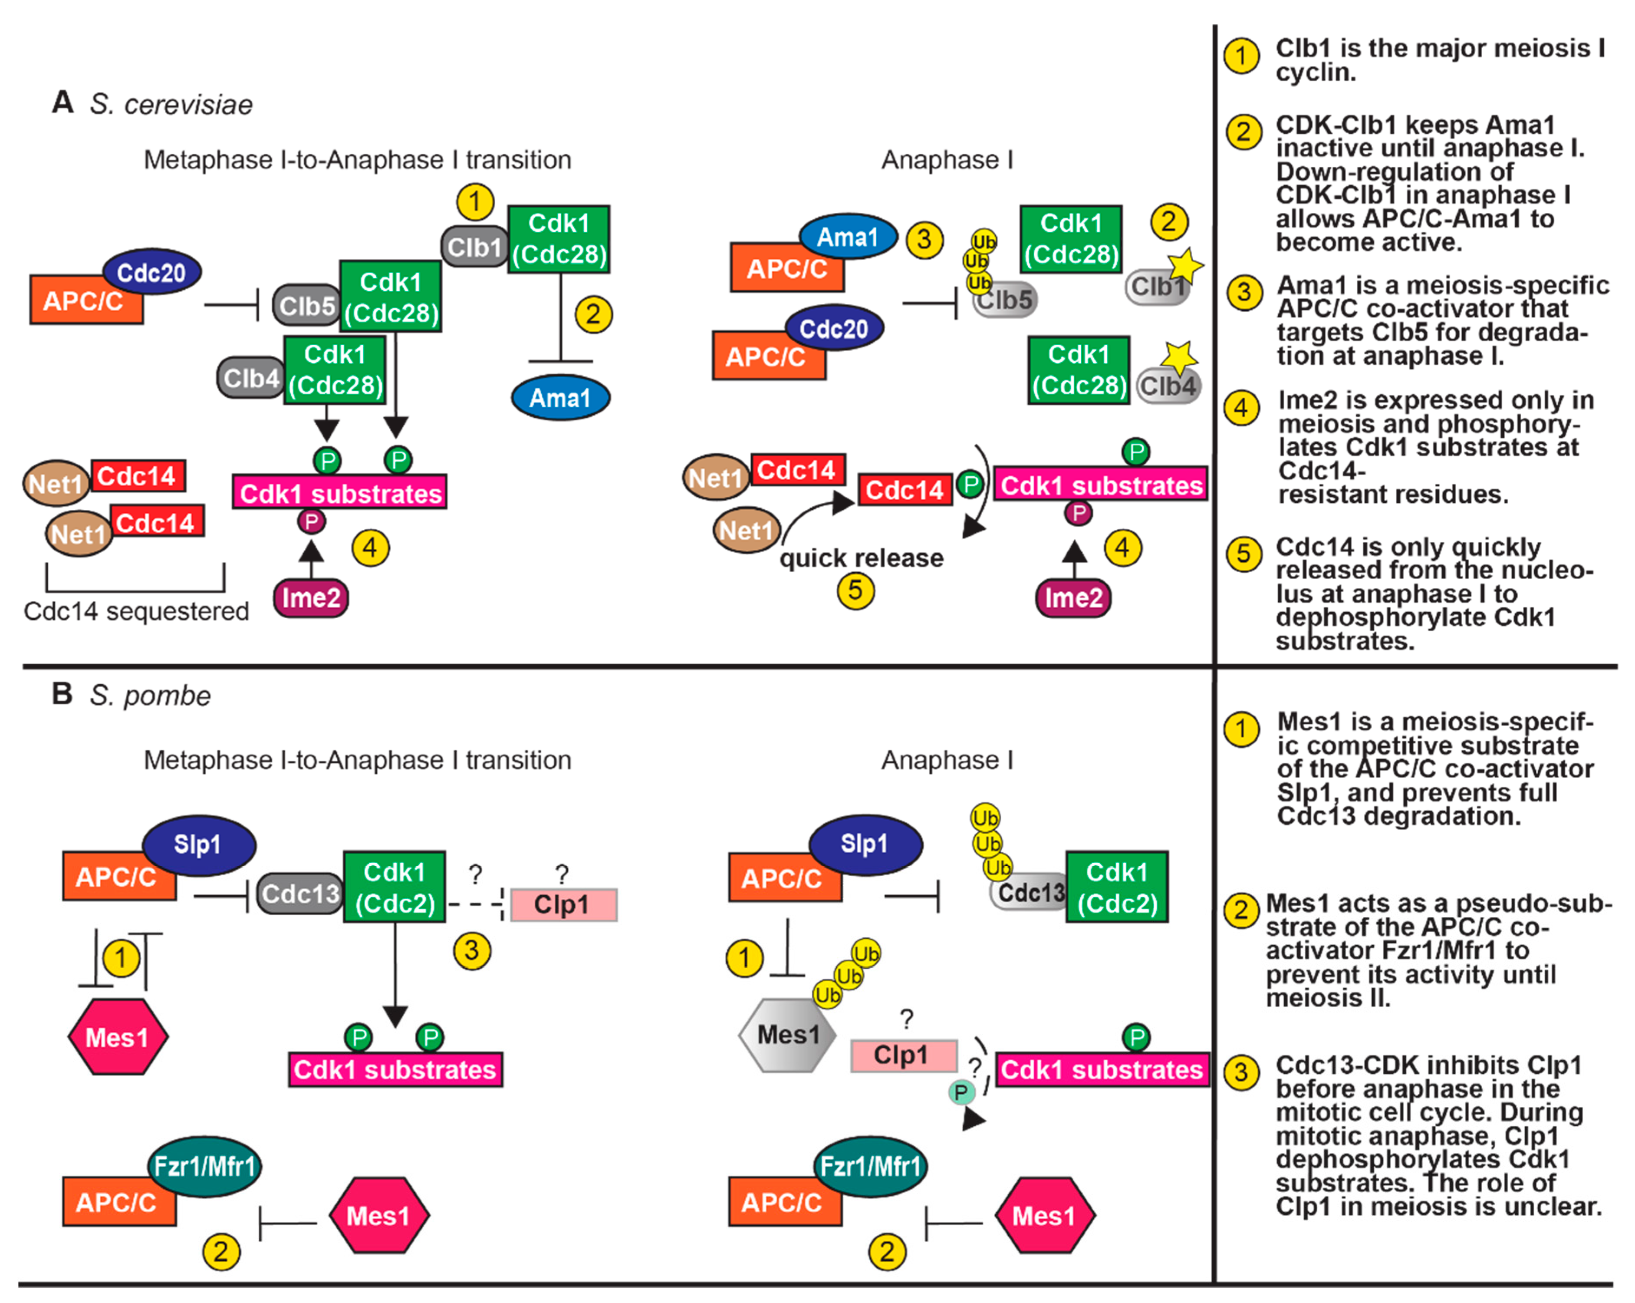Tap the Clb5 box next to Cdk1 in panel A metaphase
pos(306,306)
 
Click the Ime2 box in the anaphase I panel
pos(1073,597)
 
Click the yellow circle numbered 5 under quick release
pos(855,591)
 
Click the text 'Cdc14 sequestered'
pos(136,611)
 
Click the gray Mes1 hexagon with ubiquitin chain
pos(787,1035)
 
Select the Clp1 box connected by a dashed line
pos(563,905)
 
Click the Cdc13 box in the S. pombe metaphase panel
pos(300,894)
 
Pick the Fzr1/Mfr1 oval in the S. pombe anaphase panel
pos(870,1166)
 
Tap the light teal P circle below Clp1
pos(961,1092)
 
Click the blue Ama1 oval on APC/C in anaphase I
pos(847,237)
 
